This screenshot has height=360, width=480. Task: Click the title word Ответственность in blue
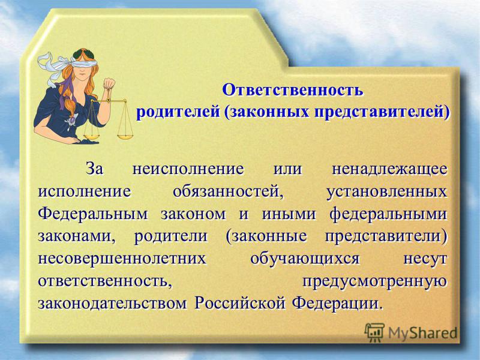tap(293, 90)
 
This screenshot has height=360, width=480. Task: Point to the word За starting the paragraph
tap(94, 169)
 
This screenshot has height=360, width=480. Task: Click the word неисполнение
tap(188, 169)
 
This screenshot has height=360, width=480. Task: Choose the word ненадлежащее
tap(389, 169)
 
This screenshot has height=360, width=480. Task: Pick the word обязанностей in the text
tap(228, 192)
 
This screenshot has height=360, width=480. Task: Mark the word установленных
tap(386, 192)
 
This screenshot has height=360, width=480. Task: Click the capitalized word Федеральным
tap(93, 214)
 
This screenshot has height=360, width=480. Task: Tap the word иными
tap(289, 214)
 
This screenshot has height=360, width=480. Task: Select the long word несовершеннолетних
tap(122, 259)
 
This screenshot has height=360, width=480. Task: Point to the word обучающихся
tap(305, 259)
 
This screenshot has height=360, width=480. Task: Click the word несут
tap(425, 259)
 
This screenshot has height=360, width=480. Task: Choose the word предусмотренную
tap(374, 281)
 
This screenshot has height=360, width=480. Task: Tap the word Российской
tap(241, 303)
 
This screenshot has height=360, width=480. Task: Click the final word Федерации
tap(337, 303)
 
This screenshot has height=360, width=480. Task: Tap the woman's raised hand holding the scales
tap(109, 83)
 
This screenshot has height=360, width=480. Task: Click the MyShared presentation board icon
tap(374, 332)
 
